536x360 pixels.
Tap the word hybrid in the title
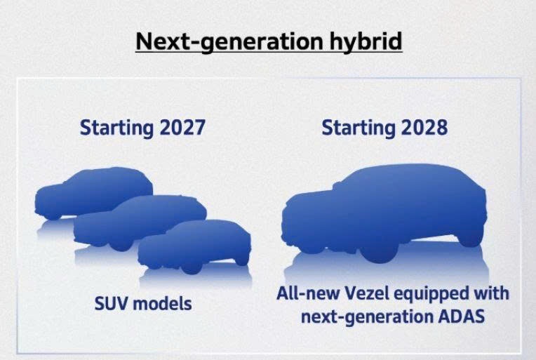pyautogui.click(x=366, y=41)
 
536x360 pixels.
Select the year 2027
pyautogui.click(x=182, y=128)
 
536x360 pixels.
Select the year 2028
pyautogui.click(x=424, y=128)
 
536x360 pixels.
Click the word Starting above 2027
pyautogui.click(x=116, y=128)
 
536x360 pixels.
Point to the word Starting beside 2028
pyautogui.click(x=359, y=128)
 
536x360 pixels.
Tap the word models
pyautogui.click(x=162, y=303)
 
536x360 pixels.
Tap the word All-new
pyautogui.click(x=308, y=293)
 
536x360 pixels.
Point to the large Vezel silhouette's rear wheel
pyautogui.click(x=471, y=238)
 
